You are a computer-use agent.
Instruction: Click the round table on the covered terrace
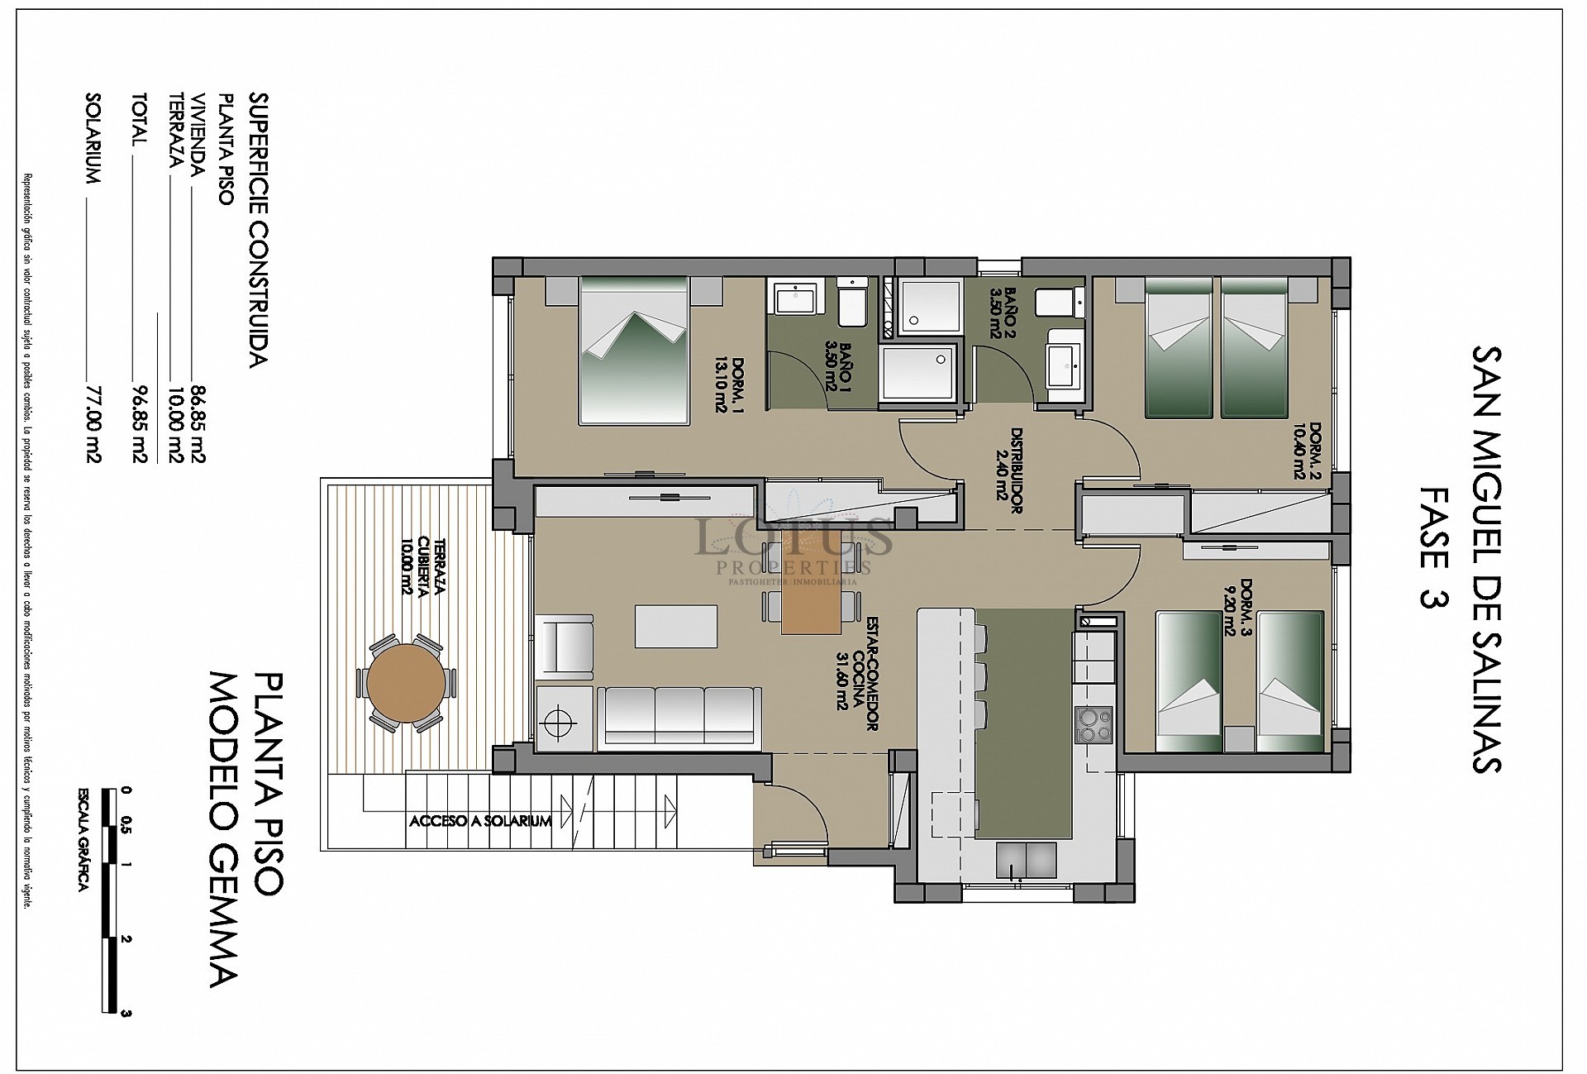tap(405, 684)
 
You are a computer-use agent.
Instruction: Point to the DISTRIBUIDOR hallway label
tap(1010, 471)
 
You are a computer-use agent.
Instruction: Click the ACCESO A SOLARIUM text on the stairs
tap(480, 821)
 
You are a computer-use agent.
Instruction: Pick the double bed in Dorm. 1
tap(635, 351)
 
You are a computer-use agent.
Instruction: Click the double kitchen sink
tap(1026, 860)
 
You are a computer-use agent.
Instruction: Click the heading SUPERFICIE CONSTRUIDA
tap(258, 229)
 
